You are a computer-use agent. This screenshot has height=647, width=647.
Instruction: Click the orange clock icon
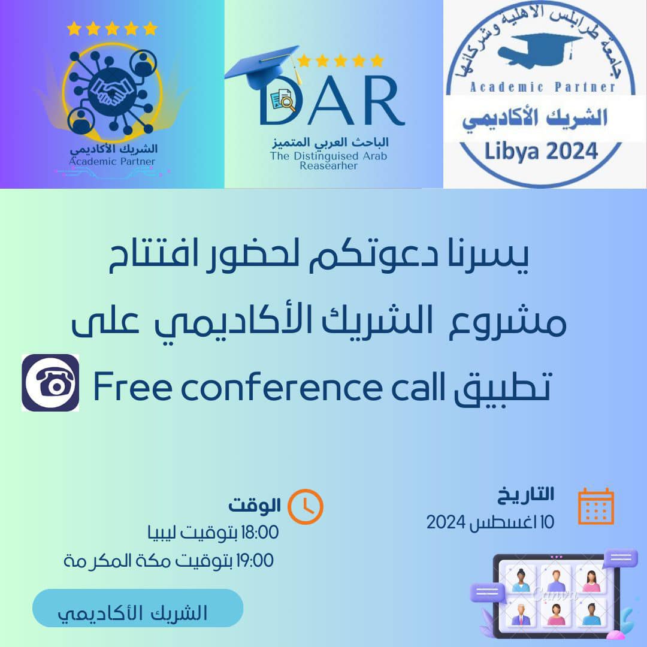(x=306, y=507)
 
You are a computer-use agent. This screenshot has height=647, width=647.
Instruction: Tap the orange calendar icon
(x=596, y=506)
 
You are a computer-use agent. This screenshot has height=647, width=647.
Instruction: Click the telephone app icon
(x=50, y=382)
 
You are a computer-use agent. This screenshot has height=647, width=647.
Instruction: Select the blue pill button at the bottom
(x=138, y=608)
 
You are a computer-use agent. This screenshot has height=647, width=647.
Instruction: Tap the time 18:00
(x=259, y=533)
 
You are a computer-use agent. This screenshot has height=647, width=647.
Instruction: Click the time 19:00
(x=255, y=561)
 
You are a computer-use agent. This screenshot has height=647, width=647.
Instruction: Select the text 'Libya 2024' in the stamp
(x=541, y=152)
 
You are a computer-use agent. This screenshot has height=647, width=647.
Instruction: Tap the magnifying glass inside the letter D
(x=288, y=102)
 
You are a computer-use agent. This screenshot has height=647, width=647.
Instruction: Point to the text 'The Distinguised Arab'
(x=328, y=156)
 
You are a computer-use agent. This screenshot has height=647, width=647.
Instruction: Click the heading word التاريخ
(x=525, y=495)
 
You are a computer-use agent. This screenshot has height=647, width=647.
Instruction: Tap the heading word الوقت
(x=255, y=505)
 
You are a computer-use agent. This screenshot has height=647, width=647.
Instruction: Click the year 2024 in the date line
(x=446, y=522)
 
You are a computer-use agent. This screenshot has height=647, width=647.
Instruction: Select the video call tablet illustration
(x=554, y=594)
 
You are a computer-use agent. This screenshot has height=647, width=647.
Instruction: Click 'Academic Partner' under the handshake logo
(x=112, y=161)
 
